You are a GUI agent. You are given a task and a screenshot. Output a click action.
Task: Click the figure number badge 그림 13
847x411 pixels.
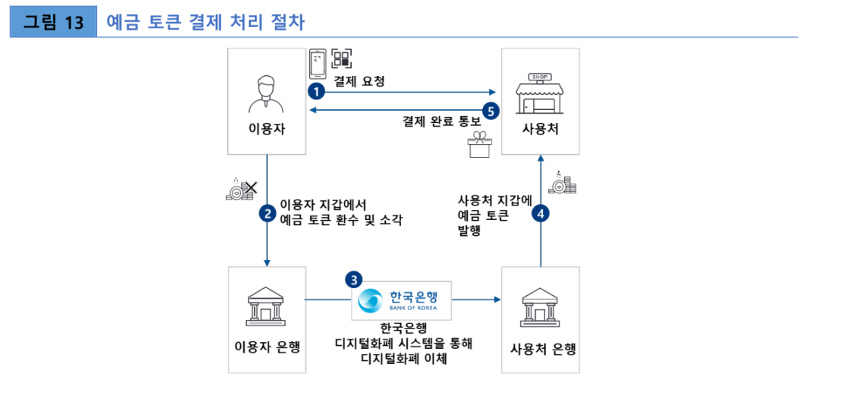click(x=54, y=22)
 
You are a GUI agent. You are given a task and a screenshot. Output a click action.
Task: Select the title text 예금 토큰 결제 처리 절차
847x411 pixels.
click(x=206, y=22)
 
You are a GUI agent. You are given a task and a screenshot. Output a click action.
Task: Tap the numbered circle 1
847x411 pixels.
click(x=316, y=92)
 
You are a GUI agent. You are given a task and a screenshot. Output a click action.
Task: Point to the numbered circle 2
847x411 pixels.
click(x=268, y=213)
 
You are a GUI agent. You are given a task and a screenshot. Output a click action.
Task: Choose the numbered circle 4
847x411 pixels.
click(x=540, y=213)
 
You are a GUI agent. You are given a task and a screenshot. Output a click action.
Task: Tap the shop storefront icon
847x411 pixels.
click(x=539, y=93)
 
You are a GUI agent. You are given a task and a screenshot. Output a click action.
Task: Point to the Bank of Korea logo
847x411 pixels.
click(x=402, y=300)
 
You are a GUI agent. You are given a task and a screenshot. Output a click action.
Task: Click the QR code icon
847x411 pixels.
click(x=342, y=59)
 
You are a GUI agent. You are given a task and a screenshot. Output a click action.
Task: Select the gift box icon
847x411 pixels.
click(x=479, y=145)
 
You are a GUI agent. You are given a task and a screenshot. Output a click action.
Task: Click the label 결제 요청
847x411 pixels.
click(x=358, y=82)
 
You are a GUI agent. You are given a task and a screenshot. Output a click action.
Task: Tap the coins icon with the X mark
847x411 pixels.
click(x=242, y=190)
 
